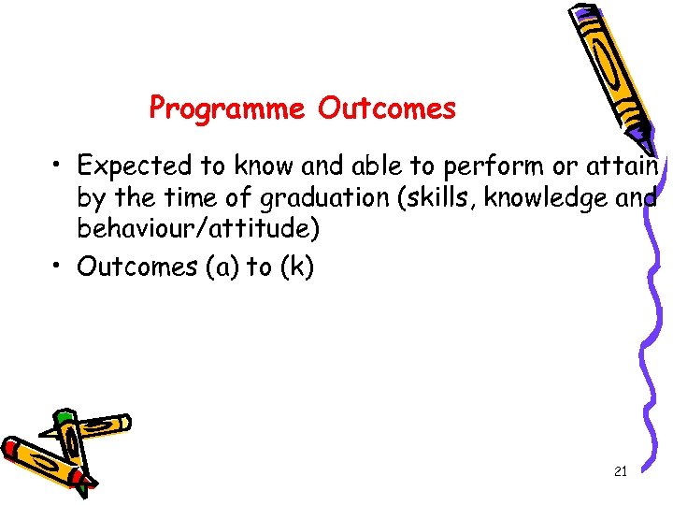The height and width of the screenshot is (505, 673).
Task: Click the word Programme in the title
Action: pyautogui.click(x=227, y=109)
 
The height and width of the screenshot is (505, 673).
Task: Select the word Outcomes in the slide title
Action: pyautogui.click(x=386, y=109)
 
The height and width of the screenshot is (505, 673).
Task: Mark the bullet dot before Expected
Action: pyautogui.click(x=58, y=166)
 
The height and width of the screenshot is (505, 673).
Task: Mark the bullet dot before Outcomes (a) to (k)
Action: pyautogui.click(x=58, y=267)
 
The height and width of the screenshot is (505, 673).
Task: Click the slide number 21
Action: pyautogui.click(x=621, y=472)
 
